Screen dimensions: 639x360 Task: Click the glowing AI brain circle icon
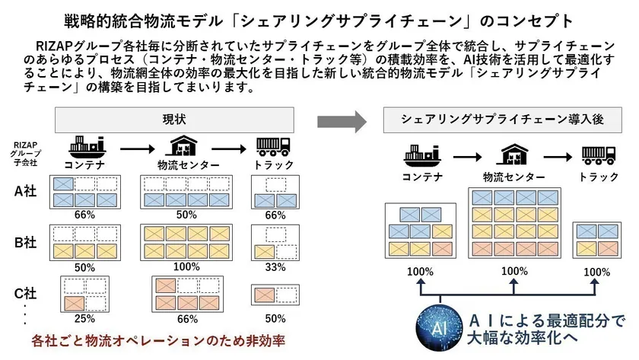(439, 327)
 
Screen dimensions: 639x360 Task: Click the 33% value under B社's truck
(275, 267)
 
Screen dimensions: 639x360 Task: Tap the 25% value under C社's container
(84, 318)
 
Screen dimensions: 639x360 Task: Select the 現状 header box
(174, 119)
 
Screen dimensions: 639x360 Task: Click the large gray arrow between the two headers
(342, 122)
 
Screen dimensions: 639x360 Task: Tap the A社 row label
(26, 191)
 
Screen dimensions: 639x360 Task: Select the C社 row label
(26, 293)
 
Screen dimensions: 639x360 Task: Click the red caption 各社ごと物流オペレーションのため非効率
(158, 341)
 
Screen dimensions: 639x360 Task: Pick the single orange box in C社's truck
(265, 295)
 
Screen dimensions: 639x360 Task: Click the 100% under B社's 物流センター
(186, 266)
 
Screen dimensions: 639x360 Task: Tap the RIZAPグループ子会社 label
(26, 154)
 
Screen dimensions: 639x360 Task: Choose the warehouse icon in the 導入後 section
(514, 154)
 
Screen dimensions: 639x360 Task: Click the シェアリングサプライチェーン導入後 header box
(503, 119)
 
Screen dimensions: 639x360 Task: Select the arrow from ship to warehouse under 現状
(138, 149)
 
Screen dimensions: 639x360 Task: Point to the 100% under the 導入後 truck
(596, 272)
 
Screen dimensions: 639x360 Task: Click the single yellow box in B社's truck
(265, 252)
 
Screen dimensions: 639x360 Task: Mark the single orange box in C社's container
(75, 304)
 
